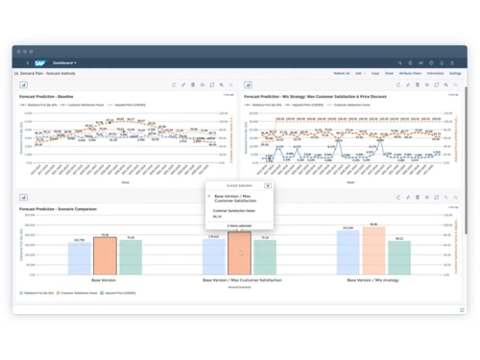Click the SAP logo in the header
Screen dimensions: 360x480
tap(40, 63)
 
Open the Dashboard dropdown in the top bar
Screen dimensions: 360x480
tap(65, 63)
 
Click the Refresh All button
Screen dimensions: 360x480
tap(342, 73)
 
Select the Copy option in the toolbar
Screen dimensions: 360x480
tap(375, 73)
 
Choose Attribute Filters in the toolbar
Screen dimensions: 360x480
tap(410, 73)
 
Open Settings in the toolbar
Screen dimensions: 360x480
tap(455, 73)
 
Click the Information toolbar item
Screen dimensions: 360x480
tap(435, 73)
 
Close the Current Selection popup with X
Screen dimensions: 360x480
tap(268, 186)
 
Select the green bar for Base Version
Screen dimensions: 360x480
tap(130, 258)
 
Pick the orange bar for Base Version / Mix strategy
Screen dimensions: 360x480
tap(373, 252)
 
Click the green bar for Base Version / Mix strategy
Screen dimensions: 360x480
tap(398, 257)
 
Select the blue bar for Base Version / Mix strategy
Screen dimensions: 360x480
tap(348, 253)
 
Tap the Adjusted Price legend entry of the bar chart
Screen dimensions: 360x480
tap(119, 293)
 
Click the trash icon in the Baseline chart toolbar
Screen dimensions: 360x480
tap(193, 84)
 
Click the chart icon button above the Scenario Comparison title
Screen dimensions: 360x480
tap(23, 197)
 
